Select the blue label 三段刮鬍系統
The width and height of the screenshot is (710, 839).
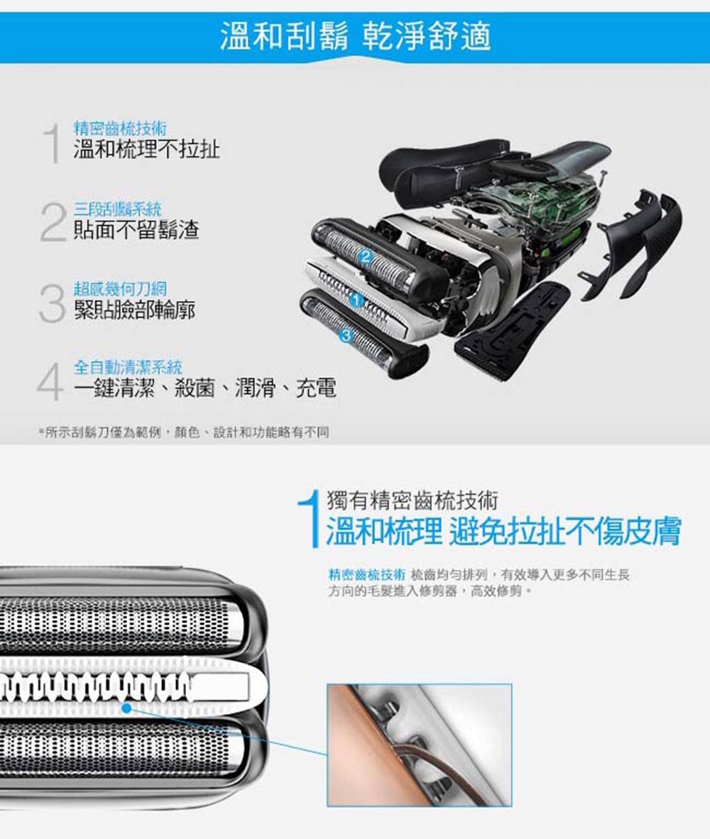coord(117,209)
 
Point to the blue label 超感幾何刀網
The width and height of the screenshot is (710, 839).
coord(121,288)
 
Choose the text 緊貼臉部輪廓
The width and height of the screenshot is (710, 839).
coord(135,309)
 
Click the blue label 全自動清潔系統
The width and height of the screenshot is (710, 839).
coord(128,367)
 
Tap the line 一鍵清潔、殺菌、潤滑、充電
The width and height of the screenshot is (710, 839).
coord(204,388)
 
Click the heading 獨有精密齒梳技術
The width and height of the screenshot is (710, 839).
coord(412,500)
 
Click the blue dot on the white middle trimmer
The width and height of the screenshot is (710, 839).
coord(126,707)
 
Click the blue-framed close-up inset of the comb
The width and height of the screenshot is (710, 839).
coord(419,745)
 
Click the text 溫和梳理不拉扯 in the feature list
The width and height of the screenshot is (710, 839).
coord(146,149)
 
